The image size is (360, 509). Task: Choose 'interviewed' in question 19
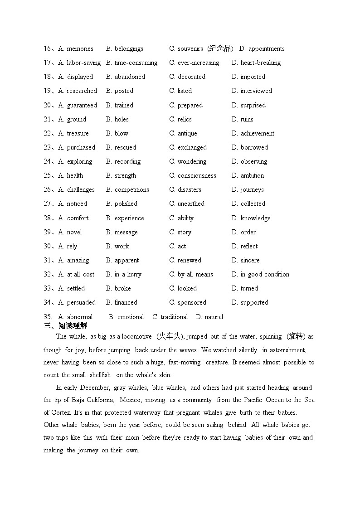coord(256,91)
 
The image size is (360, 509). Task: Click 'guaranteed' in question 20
coord(82,106)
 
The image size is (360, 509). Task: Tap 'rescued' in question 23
coord(125,148)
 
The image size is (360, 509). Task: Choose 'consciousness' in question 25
coord(197,176)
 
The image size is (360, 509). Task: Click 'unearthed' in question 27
coord(191,204)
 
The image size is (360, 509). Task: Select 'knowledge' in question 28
coord(255,218)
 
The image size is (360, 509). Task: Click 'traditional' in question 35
coord(174,317)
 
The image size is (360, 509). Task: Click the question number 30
coord(48,247)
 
